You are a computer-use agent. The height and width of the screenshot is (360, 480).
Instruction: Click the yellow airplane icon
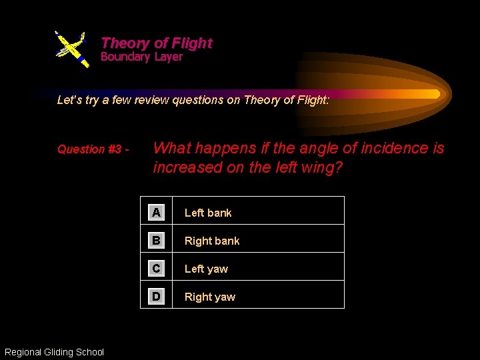71,48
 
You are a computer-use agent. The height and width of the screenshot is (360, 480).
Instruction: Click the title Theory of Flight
156,43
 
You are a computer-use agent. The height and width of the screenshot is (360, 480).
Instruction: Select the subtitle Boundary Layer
141,57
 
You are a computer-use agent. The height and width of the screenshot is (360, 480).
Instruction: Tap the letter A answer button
156,213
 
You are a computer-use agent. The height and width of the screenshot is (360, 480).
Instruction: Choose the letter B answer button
156,241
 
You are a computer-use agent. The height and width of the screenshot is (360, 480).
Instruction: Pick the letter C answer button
156,269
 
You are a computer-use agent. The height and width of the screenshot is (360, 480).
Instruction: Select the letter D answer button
156,297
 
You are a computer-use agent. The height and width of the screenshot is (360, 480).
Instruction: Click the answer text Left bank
207,213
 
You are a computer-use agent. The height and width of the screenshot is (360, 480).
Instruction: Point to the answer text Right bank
211,241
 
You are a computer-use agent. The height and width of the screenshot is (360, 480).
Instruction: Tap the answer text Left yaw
205,269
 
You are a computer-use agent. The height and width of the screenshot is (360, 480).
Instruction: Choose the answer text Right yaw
209,297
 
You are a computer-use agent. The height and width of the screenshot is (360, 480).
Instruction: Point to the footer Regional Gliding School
54,352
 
